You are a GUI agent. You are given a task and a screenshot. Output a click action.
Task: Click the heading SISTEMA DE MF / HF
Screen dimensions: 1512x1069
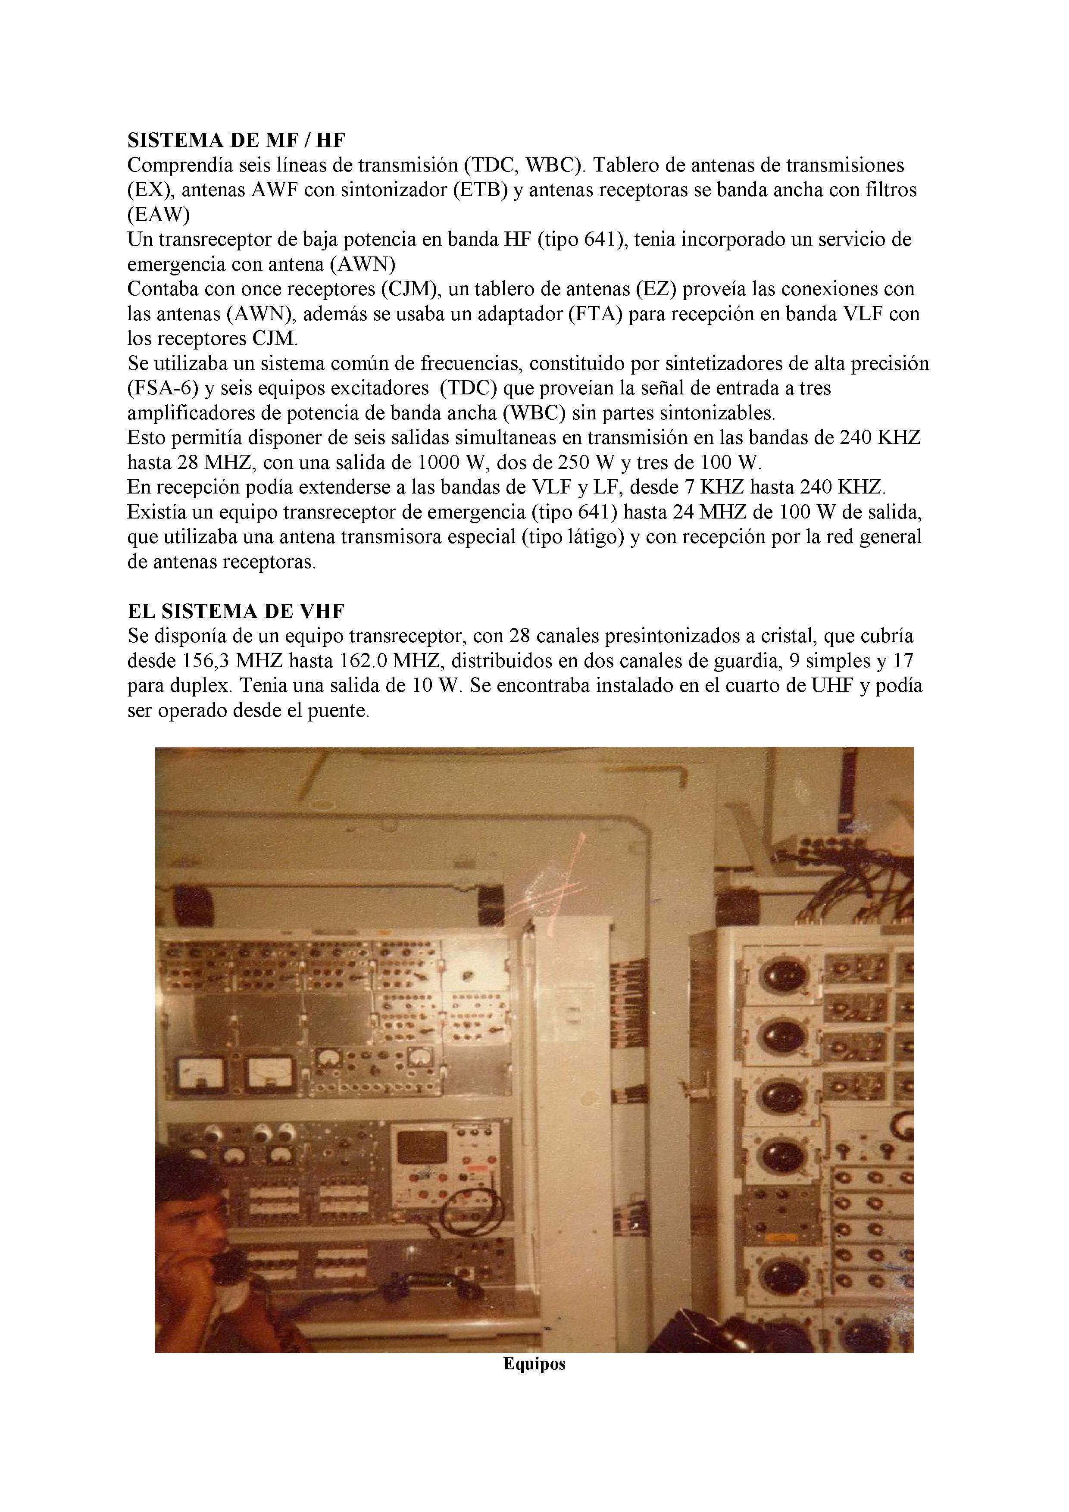click(x=236, y=140)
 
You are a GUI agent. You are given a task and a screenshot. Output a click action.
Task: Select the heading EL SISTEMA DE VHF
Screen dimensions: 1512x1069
click(x=236, y=611)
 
